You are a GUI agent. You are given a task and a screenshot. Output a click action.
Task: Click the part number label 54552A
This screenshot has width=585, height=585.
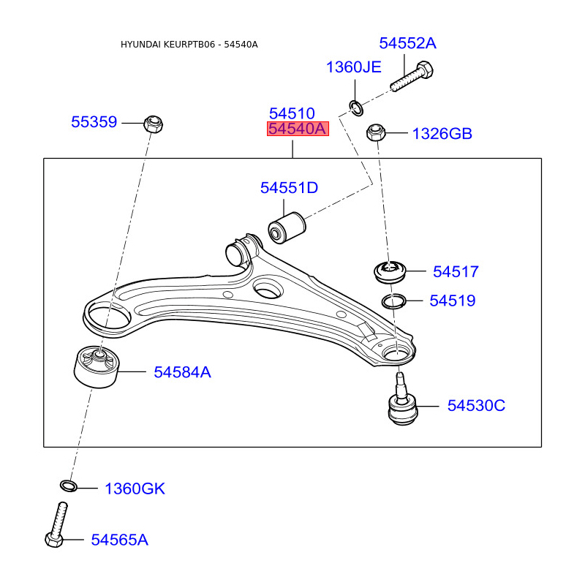click(x=407, y=43)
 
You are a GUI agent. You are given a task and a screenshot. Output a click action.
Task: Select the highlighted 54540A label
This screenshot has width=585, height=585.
click(x=297, y=129)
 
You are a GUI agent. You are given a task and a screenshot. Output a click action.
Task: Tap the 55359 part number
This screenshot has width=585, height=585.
click(x=94, y=122)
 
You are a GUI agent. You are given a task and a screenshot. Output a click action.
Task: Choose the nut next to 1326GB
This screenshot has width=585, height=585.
click(x=376, y=133)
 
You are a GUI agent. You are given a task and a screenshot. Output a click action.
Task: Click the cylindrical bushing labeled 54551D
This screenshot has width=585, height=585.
click(x=287, y=227)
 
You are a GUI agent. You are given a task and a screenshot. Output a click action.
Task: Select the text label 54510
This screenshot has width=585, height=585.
click(x=292, y=113)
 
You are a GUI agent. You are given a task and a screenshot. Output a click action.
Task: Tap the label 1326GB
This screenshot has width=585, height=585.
click(x=442, y=134)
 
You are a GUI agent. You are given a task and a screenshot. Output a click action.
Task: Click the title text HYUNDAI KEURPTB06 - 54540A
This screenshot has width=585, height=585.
click(x=189, y=45)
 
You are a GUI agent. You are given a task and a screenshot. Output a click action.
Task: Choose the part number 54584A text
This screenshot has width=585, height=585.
click(x=182, y=372)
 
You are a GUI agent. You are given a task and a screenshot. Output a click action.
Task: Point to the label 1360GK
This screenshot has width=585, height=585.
click(x=135, y=488)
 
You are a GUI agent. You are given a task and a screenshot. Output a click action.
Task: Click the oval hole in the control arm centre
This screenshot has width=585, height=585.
click(x=267, y=288)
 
